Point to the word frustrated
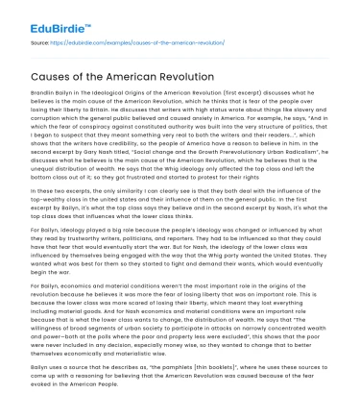[x=140, y=183]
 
